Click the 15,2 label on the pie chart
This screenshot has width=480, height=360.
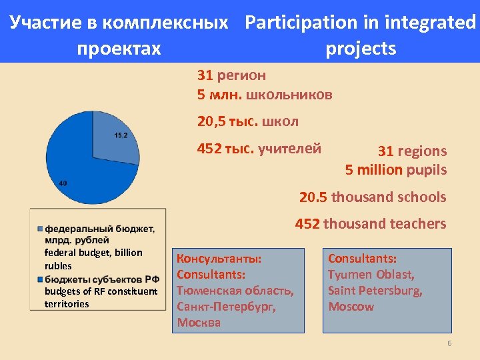click(121, 135)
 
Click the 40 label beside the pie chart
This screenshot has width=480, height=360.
click(62, 183)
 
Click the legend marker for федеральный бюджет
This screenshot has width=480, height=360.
click(40, 229)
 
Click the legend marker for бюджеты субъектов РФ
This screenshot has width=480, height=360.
click(40, 278)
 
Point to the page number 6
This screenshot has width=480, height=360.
click(449, 343)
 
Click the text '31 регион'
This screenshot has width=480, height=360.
click(231, 75)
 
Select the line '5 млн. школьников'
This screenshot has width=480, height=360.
click(264, 95)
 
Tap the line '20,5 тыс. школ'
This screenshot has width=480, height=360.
click(247, 121)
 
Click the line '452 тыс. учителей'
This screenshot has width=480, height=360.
click(259, 148)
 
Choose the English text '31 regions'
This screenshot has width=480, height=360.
click(412, 151)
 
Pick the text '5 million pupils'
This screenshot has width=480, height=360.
click(395, 170)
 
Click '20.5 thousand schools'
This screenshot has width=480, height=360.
click(373, 197)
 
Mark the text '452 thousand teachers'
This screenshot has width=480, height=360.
click(370, 224)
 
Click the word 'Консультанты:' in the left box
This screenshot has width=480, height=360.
click(219, 258)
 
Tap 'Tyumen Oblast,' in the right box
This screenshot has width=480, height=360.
click(371, 274)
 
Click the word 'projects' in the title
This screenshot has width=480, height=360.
click(361, 49)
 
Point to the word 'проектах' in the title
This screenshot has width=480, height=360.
click(119, 49)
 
